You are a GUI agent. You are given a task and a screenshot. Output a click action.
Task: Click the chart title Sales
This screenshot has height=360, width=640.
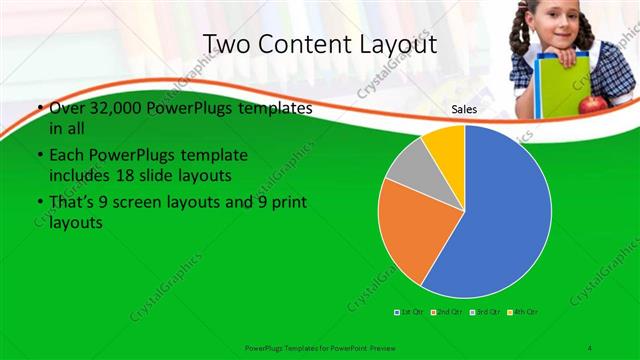[x=464, y=110]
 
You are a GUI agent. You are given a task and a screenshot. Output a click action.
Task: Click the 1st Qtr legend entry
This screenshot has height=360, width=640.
[x=409, y=312]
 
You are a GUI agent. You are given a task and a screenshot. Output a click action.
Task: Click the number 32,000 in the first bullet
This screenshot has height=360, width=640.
[x=103, y=108]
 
